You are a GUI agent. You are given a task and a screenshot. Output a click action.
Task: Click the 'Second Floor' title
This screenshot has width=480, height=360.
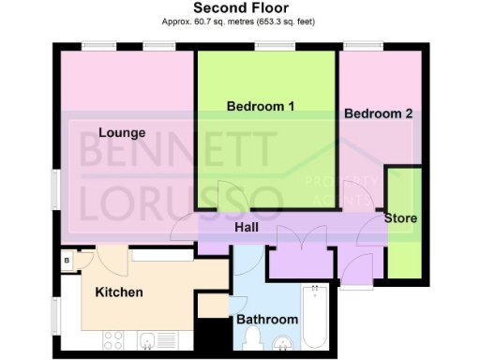coord(239,7)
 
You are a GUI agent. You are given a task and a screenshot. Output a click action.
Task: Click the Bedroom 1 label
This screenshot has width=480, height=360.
coord(261,106)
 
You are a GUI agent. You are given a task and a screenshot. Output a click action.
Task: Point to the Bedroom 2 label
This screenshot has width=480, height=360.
coord(378,113)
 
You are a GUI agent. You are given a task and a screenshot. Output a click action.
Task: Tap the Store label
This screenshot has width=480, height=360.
coord(400,218)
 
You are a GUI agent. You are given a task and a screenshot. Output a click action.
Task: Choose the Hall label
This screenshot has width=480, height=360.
coord(247,227)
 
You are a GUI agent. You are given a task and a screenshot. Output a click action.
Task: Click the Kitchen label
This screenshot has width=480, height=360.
coord(120,292)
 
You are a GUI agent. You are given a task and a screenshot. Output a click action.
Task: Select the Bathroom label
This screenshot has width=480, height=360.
coord(267,320)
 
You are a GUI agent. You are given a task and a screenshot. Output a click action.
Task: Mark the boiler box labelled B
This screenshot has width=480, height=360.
coord(68,261)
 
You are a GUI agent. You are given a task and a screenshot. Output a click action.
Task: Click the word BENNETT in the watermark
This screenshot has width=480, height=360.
coord(178,151)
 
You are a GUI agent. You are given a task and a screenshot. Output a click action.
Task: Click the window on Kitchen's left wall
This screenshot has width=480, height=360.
coord(55,313)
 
